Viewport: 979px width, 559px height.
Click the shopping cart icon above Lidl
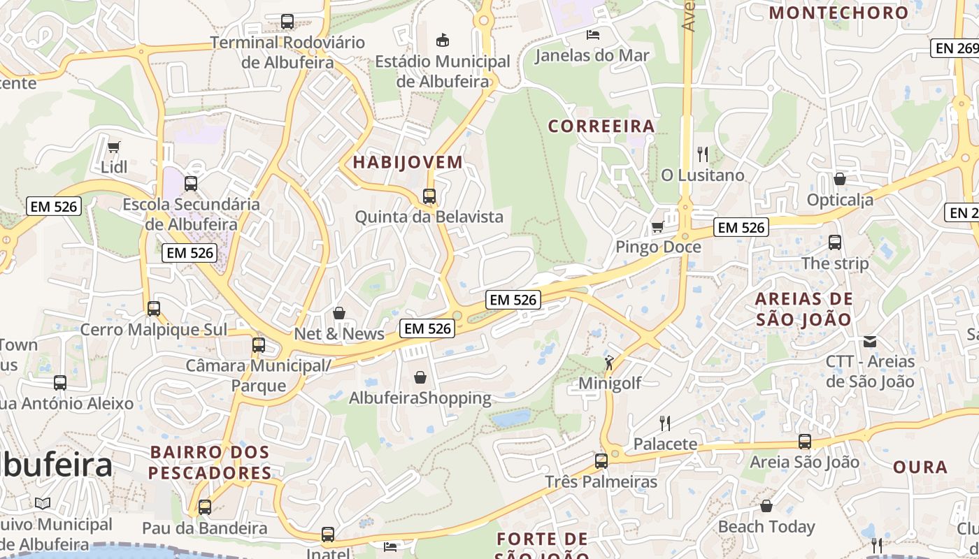(113, 147)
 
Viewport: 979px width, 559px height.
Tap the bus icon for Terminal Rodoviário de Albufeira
(287, 22)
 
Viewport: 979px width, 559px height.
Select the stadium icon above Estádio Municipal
(442, 40)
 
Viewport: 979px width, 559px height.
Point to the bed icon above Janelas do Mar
(592, 34)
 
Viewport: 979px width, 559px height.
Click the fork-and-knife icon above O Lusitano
(703, 154)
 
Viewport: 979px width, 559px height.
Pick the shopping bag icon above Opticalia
(840, 179)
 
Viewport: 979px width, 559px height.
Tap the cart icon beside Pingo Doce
(657, 226)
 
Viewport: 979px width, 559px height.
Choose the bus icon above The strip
(835, 242)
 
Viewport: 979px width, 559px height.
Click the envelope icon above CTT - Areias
(870, 342)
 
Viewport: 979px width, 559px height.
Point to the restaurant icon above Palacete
(665, 423)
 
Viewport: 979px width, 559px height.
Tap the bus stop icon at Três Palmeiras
(601, 461)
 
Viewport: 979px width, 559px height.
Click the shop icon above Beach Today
(766, 506)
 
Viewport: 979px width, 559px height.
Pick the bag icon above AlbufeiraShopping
(420, 377)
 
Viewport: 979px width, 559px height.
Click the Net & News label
(339, 334)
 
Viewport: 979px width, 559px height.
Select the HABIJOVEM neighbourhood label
(408, 162)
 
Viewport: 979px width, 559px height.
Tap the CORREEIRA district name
(601, 126)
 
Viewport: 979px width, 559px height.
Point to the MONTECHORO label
(838, 13)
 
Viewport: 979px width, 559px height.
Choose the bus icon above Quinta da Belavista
(429, 196)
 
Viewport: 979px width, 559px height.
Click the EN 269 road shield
(956, 48)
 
